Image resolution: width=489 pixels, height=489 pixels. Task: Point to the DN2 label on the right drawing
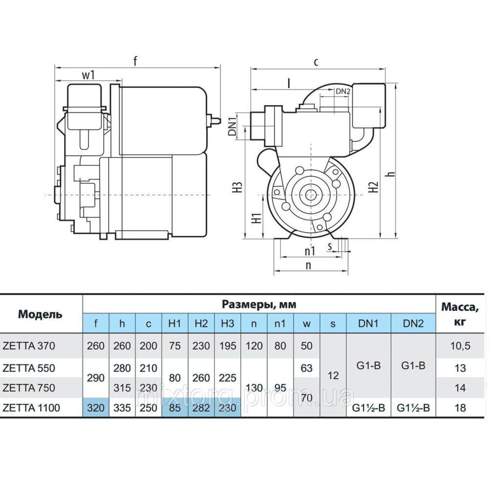[343, 91]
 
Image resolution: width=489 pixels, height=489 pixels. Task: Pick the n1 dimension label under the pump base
[309, 251]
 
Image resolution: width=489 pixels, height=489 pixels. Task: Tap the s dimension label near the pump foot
[331, 246]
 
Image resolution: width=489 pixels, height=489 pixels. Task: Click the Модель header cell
[41, 314]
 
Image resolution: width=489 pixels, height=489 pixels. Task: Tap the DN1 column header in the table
[368, 323]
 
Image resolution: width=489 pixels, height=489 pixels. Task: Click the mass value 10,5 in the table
[460, 346]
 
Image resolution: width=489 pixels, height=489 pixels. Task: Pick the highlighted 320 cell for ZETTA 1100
[96, 407]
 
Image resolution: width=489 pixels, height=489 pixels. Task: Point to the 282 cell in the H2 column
[201, 407]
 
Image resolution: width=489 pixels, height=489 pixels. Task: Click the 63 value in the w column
[306, 368]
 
